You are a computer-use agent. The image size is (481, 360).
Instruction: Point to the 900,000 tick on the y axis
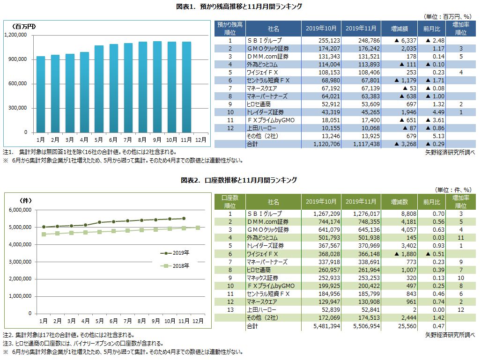click(17, 59)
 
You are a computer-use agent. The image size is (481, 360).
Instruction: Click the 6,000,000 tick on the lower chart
click(20, 210)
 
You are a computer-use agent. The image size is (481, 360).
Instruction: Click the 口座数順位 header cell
click(229, 202)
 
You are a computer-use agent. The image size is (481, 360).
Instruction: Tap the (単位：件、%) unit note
click(454, 190)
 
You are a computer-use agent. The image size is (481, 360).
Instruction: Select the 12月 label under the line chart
click(198, 321)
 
